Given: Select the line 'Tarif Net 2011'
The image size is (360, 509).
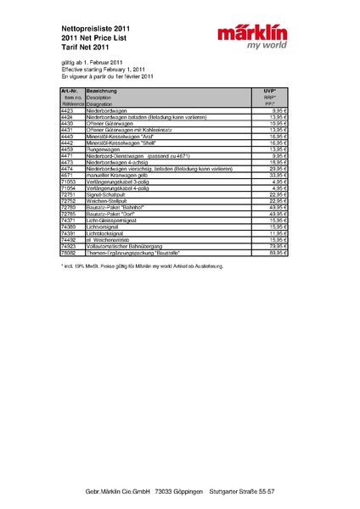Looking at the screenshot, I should (87, 48).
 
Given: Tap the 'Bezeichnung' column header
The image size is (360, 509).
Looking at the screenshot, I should (101, 90).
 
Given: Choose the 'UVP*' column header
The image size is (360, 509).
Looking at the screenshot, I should (270, 90).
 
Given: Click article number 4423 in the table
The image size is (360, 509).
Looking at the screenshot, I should (67, 110).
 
